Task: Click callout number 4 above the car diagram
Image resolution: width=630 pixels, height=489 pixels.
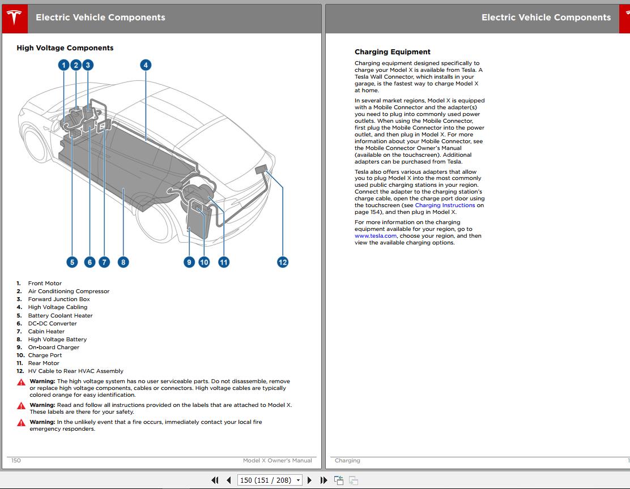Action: tap(146, 65)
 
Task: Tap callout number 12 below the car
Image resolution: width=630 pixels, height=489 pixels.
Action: tap(283, 262)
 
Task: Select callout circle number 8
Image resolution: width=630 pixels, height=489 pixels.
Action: tap(123, 262)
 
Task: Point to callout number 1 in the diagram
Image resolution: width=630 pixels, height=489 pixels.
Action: tap(63, 65)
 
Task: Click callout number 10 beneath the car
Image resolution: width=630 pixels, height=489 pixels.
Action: tap(204, 262)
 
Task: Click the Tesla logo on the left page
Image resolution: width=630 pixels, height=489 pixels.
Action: tap(15, 18)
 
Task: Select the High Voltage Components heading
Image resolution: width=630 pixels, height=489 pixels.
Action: tap(65, 48)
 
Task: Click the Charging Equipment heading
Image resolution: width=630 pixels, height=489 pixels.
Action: tap(392, 52)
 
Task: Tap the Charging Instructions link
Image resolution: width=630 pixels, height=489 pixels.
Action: tap(445, 205)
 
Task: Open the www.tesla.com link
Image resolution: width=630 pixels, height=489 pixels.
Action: tap(375, 235)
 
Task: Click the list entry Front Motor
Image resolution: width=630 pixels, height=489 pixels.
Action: tap(45, 283)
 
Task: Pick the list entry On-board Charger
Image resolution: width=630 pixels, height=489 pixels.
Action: tap(53, 348)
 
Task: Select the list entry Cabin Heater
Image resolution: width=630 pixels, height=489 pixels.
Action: tap(46, 331)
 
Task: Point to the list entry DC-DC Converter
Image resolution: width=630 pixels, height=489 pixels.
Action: tap(52, 323)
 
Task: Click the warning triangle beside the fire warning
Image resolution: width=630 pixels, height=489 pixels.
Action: tap(22, 422)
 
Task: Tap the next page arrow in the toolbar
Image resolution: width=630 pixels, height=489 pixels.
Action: tap(309, 480)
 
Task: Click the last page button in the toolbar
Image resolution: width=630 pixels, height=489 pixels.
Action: tap(324, 480)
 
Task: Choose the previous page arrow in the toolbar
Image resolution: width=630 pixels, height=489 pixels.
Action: tap(229, 480)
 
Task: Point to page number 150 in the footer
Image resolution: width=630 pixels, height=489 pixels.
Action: tap(16, 461)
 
